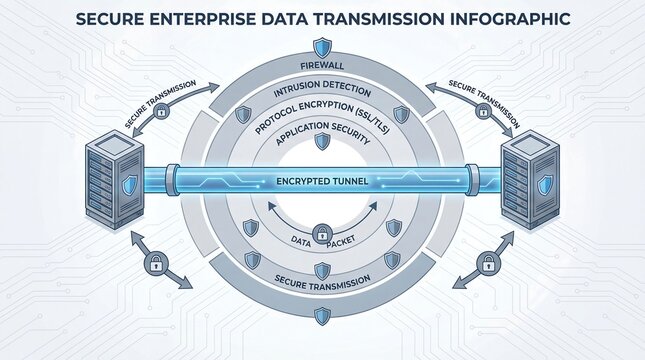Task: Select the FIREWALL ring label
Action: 321,67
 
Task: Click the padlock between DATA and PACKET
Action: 321,234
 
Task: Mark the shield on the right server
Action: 545,186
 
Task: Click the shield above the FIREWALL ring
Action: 322,46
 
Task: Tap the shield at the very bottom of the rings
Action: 322,315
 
